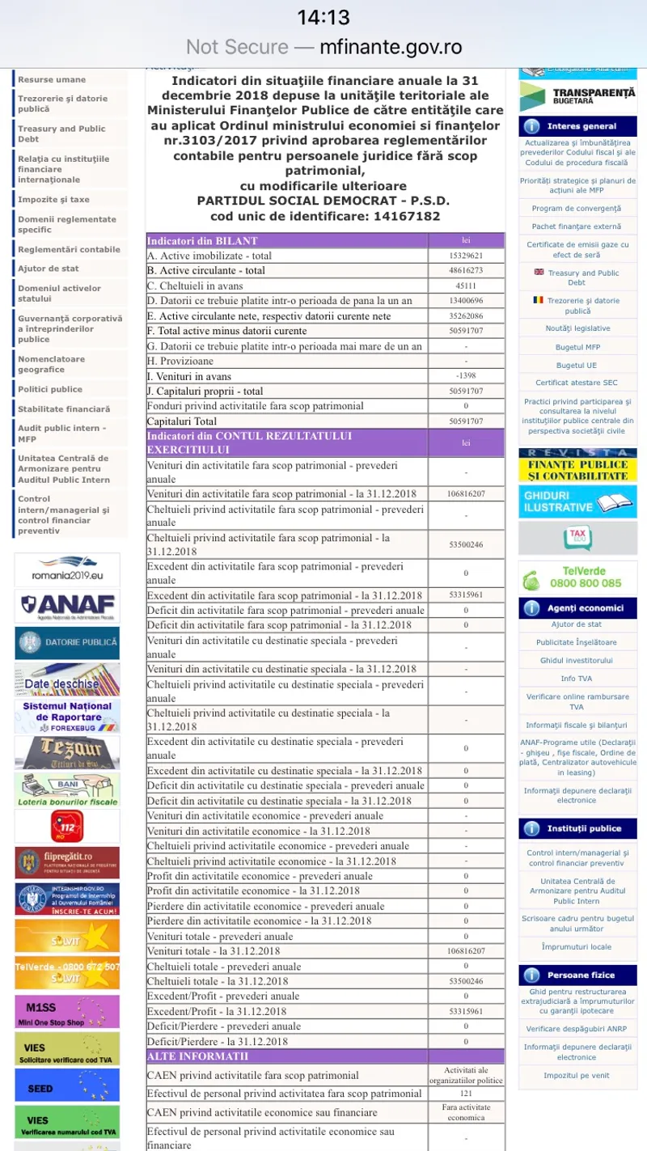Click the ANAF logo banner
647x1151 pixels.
[x=67, y=606]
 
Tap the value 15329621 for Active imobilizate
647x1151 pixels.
[x=466, y=256]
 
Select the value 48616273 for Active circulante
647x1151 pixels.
[x=466, y=270]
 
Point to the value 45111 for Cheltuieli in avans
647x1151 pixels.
[x=466, y=286]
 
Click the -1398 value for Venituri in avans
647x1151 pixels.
[x=466, y=376]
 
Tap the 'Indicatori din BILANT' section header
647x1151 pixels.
[x=202, y=240]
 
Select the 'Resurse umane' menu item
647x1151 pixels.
[x=52, y=79]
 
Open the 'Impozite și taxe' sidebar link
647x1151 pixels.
[x=53, y=199]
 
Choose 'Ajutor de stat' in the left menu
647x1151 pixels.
[x=49, y=269]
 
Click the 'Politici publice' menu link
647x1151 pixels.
[x=50, y=389]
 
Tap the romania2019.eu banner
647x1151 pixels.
[x=67, y=569]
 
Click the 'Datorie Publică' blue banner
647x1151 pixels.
[x=67, y=642]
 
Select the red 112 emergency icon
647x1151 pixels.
[x=67, y=826]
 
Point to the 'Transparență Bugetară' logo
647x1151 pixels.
[x=577, y=96]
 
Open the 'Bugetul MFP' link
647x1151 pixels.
[x=577, y=347]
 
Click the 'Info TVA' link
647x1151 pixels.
[x=577, y=679]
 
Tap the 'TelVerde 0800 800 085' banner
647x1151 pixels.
[x=577, y=577]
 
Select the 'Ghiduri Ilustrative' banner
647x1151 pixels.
[x=577, y=501]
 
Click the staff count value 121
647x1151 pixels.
[x=466, y=1093]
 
